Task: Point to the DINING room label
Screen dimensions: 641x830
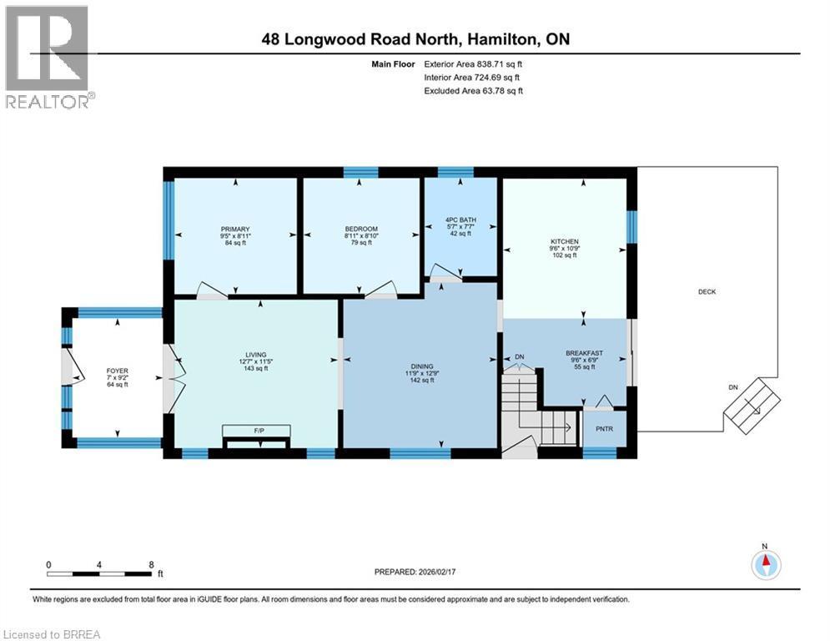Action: pyautogui.click(x=419, y=364)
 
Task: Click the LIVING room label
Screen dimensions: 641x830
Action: pyautogui.click(x=255, y=353)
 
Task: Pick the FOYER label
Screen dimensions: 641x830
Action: pyautogui.click(x=117, y=369)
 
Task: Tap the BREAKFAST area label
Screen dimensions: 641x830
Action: pyautogui.click(x=583, y=353)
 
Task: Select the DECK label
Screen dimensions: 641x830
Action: pyautogui.click(x=707, y=291)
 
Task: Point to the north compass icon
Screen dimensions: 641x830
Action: pyautogui.click(x=765, y=564)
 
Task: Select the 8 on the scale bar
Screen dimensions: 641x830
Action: pyautogui.click(x=151, y=564)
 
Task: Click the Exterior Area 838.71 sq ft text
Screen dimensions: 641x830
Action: pyautogui.click(x=475, y=63)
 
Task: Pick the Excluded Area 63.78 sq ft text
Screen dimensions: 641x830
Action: pyautogui.click(x=474, y=90)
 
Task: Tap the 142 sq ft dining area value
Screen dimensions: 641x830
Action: pyautogui.click(x=419, y=380)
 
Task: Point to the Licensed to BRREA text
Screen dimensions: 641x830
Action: pyautogui.click(x=51, y=634)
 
